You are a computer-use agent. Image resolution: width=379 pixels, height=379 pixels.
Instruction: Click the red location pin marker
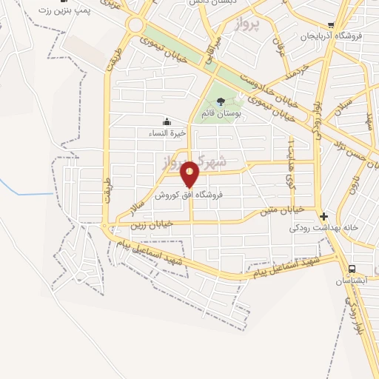click(189, 173)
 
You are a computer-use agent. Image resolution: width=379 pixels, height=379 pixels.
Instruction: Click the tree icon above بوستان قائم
click(221, 101)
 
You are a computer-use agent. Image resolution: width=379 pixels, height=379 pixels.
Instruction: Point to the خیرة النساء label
click(167, 134)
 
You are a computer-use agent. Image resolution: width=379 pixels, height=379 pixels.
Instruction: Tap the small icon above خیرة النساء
click(167, 122)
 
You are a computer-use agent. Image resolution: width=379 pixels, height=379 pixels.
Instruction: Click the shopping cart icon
click(332, 24)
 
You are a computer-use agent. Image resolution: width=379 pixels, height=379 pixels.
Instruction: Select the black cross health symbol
click(323, 216)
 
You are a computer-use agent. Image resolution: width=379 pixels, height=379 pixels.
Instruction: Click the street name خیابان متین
click(280, 212)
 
